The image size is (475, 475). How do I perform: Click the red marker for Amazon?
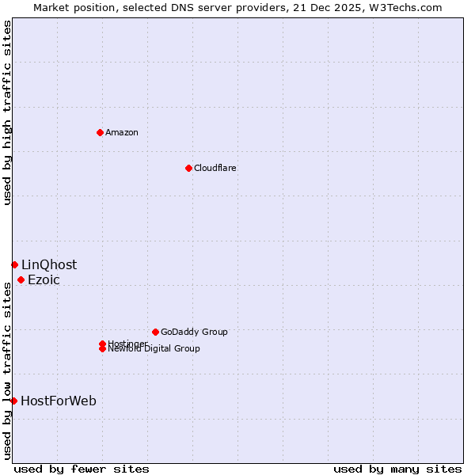click(x=100, y=132)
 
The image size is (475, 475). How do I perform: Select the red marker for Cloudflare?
click(x=188, y=168)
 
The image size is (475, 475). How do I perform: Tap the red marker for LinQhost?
click(x=14, y=264)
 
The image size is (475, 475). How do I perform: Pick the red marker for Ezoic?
click(x=21, y=279)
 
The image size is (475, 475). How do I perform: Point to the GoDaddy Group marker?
click(x=155, y=332)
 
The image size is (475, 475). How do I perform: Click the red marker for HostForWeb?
click(x=13, y=401)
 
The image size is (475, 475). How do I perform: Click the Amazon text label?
click(x=122, y=132)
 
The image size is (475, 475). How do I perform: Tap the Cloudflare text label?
click(x=215, y=168)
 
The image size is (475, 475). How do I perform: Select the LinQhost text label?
click(x=49, y=264)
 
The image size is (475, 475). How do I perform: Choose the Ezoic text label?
click(x=44, y=279)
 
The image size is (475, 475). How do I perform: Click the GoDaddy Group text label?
click(x=194, y=332)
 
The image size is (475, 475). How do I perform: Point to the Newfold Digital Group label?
click(x=154, y=349)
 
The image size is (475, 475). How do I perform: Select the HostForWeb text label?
click(x=59, y=401)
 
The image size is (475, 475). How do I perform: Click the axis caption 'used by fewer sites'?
click(x=82, y=469)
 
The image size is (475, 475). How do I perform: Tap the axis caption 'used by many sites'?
click(x=397, y=469)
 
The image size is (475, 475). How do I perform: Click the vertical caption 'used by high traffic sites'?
click(x=8, y=112)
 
